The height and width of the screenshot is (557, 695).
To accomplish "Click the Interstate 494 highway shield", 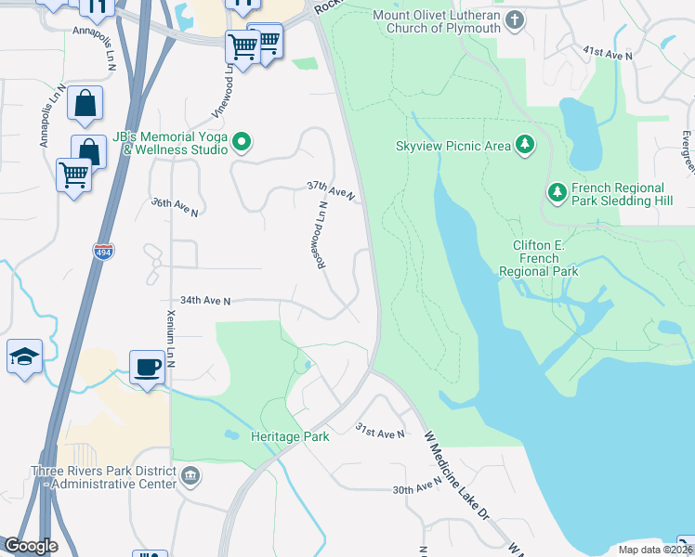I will [103, 250].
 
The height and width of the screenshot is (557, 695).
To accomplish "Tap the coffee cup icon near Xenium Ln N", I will [146, 367].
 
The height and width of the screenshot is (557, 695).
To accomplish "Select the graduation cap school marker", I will [24, 356].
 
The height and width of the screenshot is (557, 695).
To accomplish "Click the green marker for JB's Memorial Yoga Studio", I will [242, 142].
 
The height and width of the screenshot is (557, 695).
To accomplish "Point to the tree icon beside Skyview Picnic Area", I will [526, 144].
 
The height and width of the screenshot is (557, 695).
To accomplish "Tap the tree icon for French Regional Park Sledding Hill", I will [557, 192].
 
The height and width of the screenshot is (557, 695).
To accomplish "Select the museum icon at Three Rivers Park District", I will [190, 476].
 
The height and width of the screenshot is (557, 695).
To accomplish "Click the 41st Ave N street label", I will [608, 55].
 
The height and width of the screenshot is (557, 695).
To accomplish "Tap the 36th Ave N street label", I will [175, 206].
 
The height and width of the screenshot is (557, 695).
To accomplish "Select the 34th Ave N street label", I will [204, 301].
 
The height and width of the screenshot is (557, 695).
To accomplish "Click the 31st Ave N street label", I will [381, 431].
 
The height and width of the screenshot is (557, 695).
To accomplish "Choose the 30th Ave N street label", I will [415, 486].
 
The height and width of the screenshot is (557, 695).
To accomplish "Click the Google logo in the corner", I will [30, 545].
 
